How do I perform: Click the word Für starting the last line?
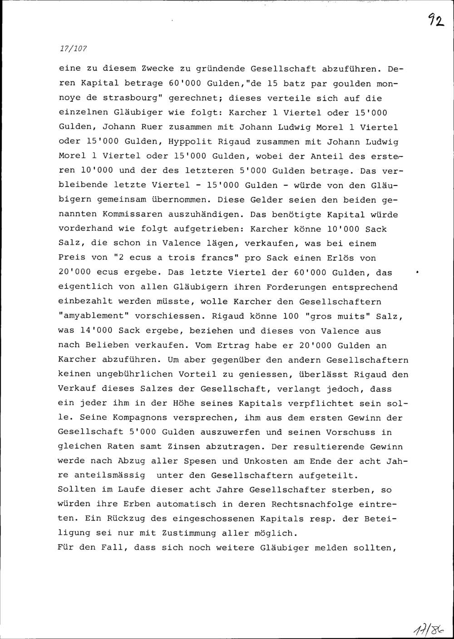point(67,548)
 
